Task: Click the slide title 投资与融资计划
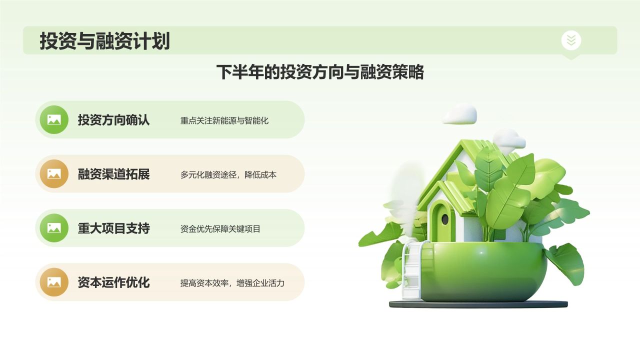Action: [x=105, y=41]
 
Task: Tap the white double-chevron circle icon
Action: [x=571, y=40]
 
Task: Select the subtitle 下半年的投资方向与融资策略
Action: [x=320, y=72]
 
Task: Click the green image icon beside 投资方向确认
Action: [x=54, y=119]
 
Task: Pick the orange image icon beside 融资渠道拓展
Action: [x=54, y=173]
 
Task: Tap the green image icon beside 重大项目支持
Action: [x=54, y=228]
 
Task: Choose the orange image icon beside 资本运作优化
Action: [x=54, y=282]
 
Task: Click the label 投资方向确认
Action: [x=113, y=119]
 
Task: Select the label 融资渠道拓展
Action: [x=113, y=174]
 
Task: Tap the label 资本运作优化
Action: [x=113, y=282]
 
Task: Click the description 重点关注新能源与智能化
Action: [x=224, y=120]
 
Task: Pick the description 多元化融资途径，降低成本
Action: [x=228, y=175]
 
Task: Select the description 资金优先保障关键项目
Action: [x=220, y=229]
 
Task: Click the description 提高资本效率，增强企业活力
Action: [x=232, y=283]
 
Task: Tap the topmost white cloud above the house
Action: [x=459, y=114]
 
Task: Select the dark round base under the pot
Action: [x=478, y=304]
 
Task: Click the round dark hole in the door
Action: [x=445, y=219]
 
